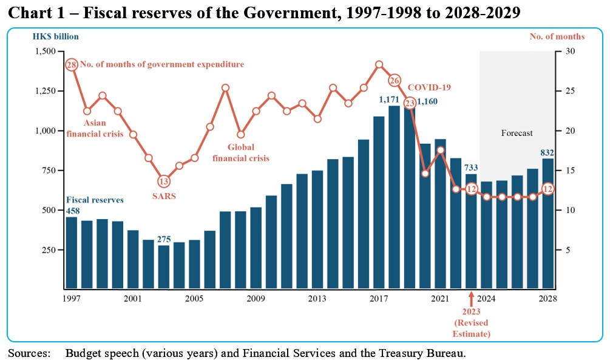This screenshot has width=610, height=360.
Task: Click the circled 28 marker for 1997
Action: pyautogui.click(x=72, y=64)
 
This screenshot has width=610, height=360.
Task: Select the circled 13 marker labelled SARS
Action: pyautogui.click(x=164, y=181)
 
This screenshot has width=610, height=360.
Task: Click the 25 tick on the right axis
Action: pyautogui.click(x=569, y=91)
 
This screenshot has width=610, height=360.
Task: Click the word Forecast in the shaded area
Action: pyautogui.click(x=517, y=133)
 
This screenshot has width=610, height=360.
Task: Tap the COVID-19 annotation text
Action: pyautogui.click(x=429, y=87)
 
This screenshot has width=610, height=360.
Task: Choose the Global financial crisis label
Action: pyautogui.click(x=242, y=152)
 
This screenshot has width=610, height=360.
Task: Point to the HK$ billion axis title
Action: pyautogui.click(x=56, y=36)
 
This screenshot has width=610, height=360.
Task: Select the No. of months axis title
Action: pyautogui.click(x=557, y=36)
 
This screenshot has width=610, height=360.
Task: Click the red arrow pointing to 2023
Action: pyautogui.click(x=471, y=298)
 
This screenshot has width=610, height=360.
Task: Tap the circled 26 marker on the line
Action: pyautogui.click(x=395, y=80)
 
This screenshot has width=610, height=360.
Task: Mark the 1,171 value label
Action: pyautogui.click(x=388, y=100)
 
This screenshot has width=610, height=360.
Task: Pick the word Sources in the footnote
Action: pyautogui.click(x=28, y=353)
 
